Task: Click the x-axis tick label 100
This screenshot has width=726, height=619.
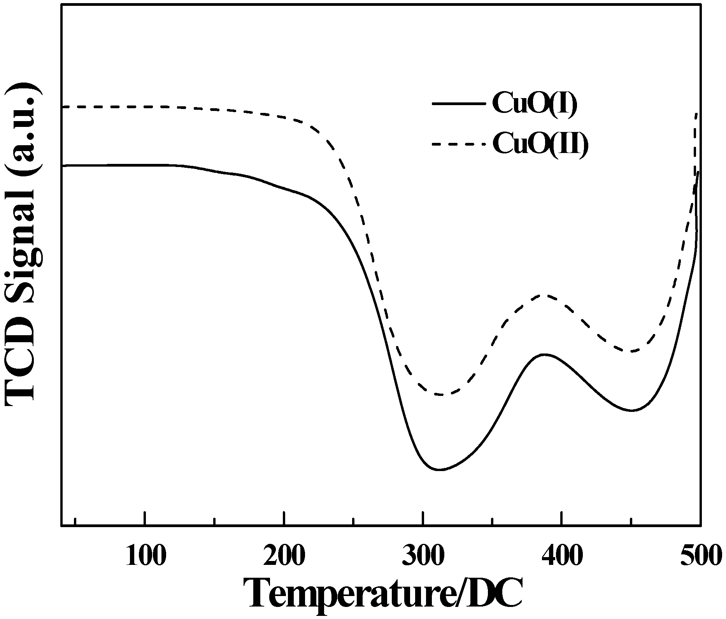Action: (x=145, y=557)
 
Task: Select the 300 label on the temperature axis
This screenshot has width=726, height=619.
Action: (x=423, y=557)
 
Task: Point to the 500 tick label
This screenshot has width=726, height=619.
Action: (x=700, y=557)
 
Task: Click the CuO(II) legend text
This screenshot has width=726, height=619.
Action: (x=540, y=144)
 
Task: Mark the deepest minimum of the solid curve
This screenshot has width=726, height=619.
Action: (x=439, y=470)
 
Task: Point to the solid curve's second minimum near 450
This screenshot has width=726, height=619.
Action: (x=632, y=410)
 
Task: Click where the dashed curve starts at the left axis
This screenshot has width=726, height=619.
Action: (x=63, y=107)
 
